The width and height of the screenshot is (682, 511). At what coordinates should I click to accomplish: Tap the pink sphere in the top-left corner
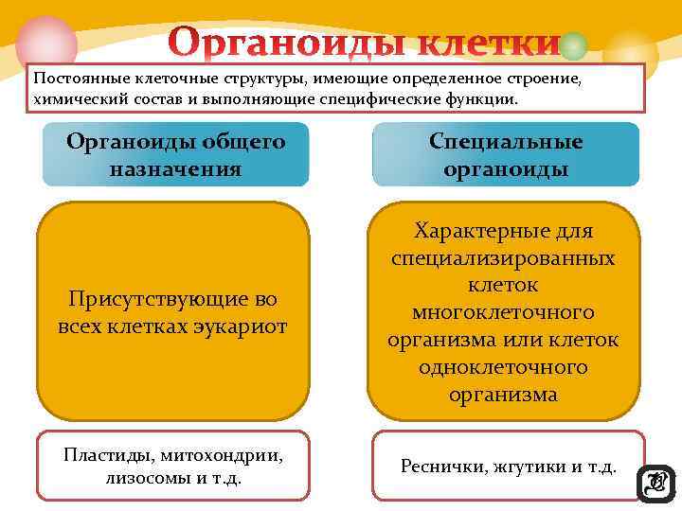coord(45,43)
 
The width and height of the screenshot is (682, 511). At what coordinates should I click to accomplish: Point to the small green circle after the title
coord(573,45)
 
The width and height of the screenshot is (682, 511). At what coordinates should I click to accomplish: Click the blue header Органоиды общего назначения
coord(175,154)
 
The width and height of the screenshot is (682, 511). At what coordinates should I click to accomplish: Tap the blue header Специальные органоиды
coord(506,154)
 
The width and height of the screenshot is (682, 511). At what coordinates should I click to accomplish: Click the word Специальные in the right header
coord(506,142)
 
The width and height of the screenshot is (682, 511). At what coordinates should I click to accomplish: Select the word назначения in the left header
coord(175,169)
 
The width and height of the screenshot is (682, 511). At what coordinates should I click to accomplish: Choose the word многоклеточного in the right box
coord(503,312)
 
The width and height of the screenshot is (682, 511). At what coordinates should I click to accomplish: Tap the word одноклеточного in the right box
coord(503,366)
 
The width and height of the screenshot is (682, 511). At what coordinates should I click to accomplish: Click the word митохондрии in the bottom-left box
coord(226,455)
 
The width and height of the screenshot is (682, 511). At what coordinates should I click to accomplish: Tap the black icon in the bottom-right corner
coord(656,484)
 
